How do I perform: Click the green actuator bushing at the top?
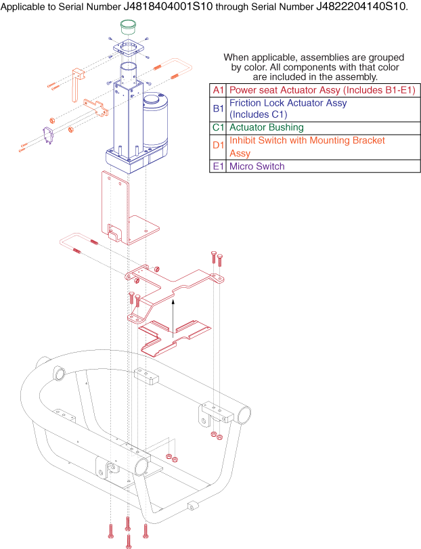128,27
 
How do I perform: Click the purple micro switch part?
47,136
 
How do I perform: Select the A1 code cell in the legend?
218,90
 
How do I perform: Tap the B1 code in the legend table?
218,108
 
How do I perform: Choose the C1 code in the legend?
218,127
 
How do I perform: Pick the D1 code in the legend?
218,145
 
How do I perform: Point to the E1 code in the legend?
218,166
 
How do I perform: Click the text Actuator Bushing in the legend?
266,127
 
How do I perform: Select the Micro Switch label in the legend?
257,166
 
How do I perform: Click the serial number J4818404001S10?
168,6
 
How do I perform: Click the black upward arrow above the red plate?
173,318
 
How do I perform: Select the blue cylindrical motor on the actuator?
154,120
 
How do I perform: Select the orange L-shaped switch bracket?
77,84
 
